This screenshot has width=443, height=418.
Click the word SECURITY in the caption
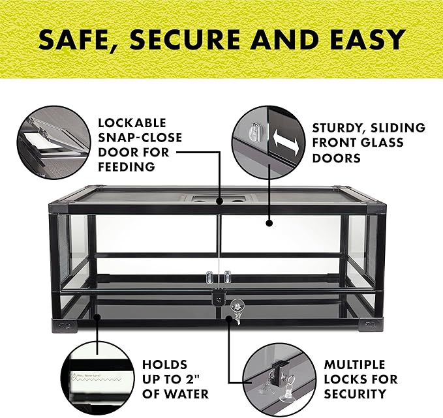tap(355, 394)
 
